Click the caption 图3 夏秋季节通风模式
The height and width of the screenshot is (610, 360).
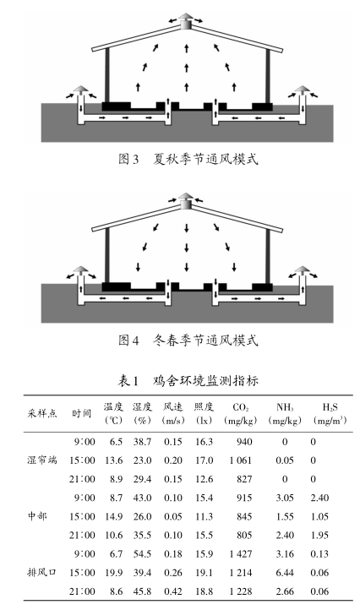188,159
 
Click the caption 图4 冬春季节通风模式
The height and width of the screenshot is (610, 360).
188,340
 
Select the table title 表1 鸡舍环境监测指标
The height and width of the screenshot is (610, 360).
188,380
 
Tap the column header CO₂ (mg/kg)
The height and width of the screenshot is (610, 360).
241,413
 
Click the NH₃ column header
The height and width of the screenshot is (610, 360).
285,413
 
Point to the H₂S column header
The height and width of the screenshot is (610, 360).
330,413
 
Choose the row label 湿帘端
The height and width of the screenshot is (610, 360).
42,460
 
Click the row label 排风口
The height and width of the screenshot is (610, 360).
42,572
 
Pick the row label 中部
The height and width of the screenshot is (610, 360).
37,516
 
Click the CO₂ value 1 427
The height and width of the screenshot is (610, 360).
241,553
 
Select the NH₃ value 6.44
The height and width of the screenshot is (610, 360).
285,572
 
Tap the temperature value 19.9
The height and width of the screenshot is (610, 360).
113,572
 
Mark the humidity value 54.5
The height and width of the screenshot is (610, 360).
142,553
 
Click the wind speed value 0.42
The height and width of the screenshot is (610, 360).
173,591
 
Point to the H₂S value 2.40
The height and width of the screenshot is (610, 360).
320,498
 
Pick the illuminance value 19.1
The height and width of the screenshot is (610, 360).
204,572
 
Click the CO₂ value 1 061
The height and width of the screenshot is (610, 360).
241,460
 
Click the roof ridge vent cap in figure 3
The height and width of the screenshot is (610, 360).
186,20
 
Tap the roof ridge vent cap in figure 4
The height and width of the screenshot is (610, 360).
186,201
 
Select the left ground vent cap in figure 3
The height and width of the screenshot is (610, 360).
81,90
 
